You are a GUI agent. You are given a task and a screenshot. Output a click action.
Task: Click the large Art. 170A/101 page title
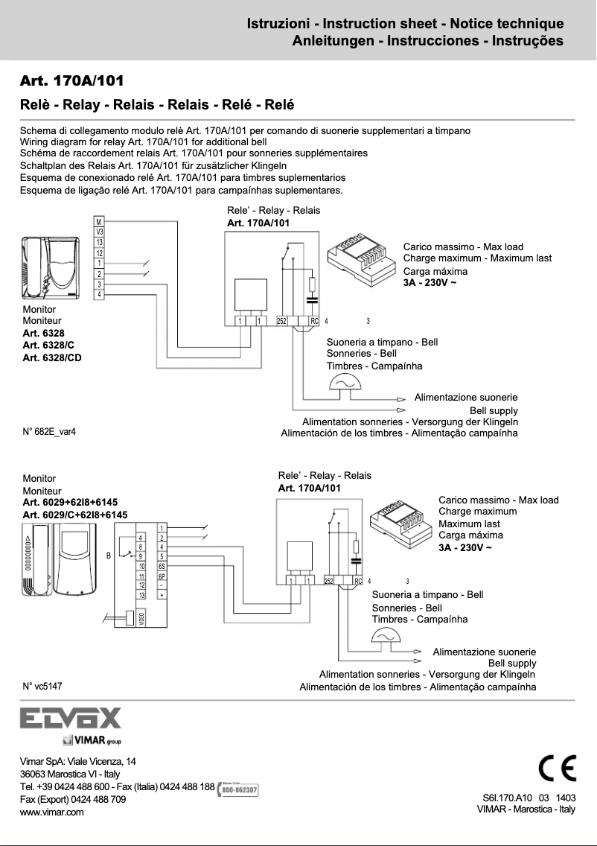tap(72, 80)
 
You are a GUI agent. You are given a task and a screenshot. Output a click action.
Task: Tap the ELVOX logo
tap(71, 719)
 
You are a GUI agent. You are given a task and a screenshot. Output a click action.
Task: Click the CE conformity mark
tap(557, 768)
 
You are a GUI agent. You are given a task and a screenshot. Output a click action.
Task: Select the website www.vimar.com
tap(51, 812)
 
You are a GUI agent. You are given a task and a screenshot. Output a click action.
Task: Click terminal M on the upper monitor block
tap(99, 222)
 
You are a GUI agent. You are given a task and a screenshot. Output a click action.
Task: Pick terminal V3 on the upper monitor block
tap(99, 232)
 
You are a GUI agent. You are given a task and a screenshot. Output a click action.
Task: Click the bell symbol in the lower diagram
tap(385, 634)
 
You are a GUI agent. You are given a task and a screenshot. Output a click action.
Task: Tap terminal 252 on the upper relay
tap(282, 321)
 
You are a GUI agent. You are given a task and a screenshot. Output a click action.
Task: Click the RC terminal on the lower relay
tap(358, 581)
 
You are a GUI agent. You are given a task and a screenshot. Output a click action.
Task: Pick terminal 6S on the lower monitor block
tap(162, 567)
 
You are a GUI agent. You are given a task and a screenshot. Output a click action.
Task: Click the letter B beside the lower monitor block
tap(109, 556)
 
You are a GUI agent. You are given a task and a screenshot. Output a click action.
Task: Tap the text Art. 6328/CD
tap(53, 358)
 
